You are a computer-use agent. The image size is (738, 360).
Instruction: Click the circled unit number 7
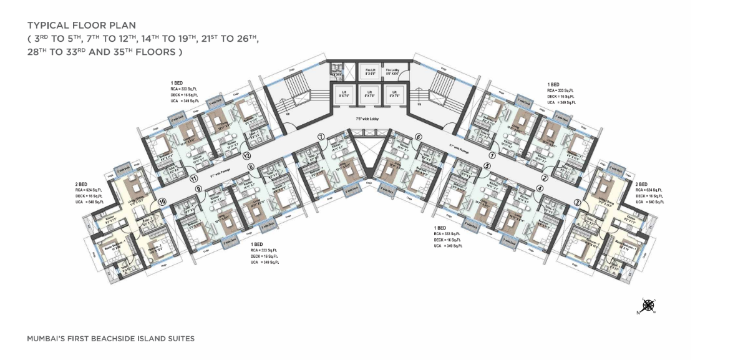pos(320,137)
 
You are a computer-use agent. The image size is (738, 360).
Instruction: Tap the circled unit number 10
pos(162,202)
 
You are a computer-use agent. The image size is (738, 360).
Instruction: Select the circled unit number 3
pos(578,202)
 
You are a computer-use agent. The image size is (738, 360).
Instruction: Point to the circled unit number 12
pos(247,156)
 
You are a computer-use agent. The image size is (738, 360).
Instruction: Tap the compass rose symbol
pos(648,305)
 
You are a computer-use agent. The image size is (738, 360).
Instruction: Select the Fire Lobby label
pos(392,72)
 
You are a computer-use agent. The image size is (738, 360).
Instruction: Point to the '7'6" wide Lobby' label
pos(368,117)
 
